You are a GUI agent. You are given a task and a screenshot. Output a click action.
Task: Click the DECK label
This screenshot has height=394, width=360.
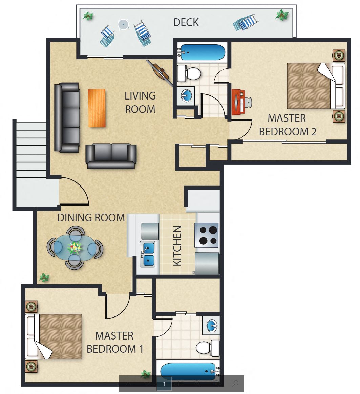(186, 22)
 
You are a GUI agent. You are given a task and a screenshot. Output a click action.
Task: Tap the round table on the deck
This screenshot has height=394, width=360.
(123, 24)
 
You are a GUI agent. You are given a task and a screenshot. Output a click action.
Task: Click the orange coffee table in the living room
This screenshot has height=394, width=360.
(97, 108)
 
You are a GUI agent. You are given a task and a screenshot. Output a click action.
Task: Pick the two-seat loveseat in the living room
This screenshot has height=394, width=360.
(111, 156)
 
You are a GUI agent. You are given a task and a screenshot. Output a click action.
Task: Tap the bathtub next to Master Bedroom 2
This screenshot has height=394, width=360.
(203, 52)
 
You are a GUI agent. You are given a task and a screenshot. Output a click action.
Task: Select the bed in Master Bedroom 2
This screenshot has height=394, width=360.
(315, 86)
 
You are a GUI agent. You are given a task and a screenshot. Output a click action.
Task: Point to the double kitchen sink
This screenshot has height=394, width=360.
(148, 254)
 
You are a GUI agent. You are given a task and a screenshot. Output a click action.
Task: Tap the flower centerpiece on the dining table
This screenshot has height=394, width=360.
(75, 247)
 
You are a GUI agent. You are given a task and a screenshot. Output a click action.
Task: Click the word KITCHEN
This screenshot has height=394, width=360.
(177, 246)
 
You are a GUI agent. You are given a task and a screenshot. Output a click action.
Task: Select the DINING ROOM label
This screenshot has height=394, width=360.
(91, 218)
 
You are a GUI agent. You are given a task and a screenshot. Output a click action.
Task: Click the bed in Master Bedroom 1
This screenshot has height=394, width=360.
(54, 336)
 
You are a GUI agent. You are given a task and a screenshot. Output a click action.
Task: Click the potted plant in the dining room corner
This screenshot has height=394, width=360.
(44, 278)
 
